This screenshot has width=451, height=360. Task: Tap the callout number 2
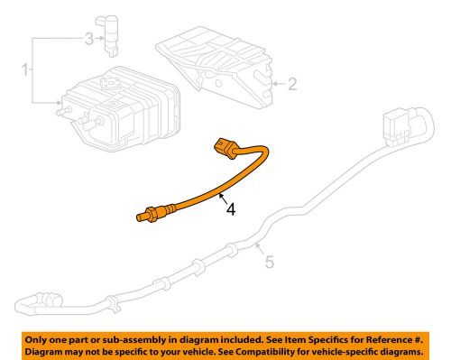(292, 85)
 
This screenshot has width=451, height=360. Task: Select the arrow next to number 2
(276, 86)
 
